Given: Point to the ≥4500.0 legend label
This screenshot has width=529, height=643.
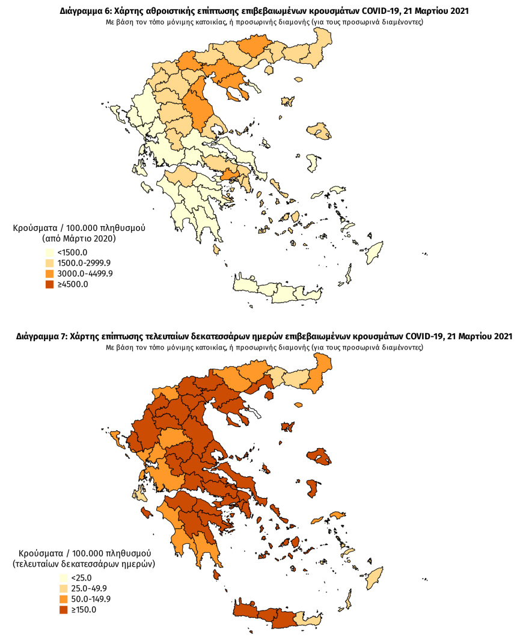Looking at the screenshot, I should click(73, 285).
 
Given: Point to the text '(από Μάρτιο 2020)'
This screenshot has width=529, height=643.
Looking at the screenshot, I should click(79, 239).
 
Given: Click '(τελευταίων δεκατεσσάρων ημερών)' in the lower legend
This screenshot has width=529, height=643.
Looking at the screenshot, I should click(84, 564).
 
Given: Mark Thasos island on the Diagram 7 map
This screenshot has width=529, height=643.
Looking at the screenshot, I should click(269, 395).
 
